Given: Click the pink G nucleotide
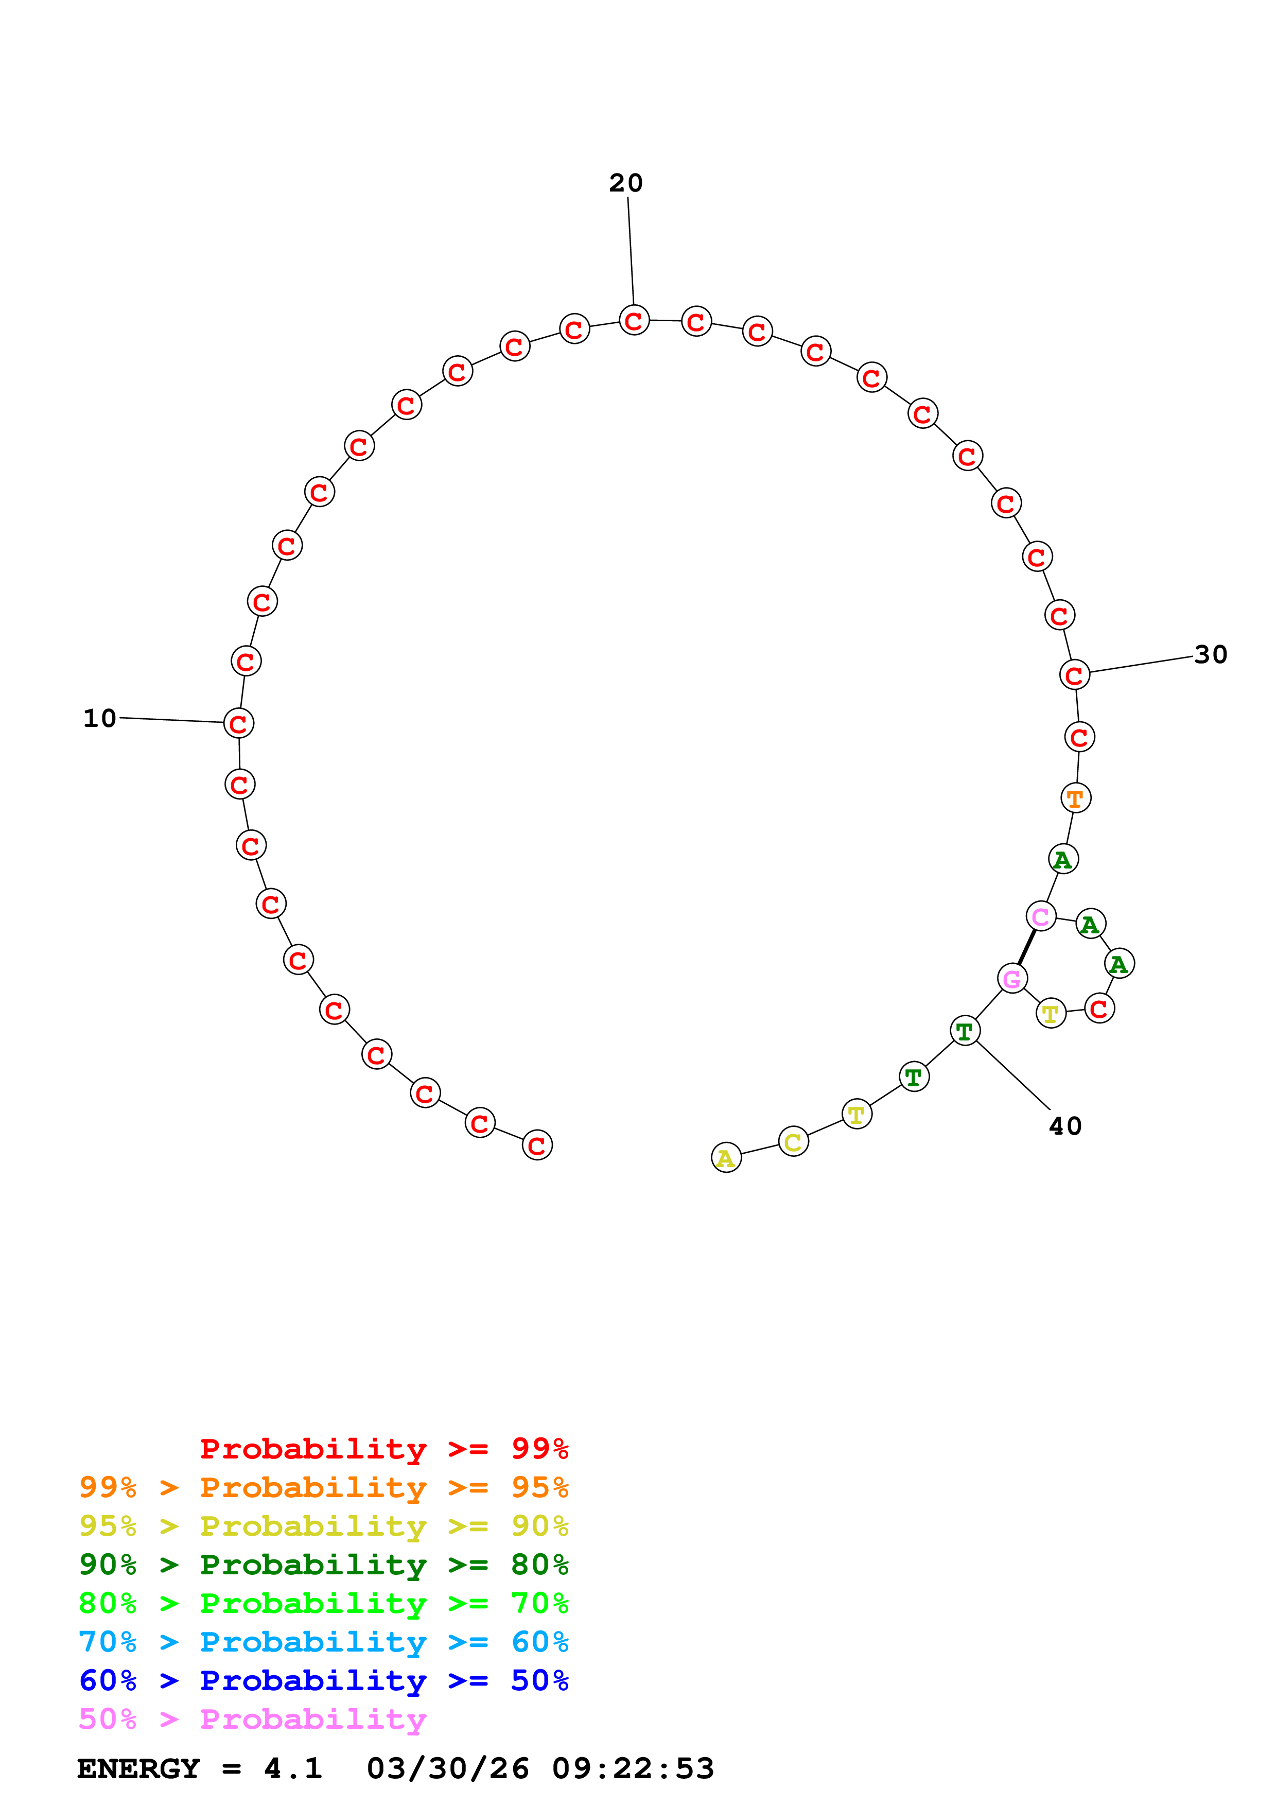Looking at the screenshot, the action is pyautogui.click(x=1012, y=979).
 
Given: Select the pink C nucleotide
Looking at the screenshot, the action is pyautogui.click(x=1041, y=916).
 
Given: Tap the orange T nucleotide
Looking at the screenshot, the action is pyautogui.click(x=1076, y=798).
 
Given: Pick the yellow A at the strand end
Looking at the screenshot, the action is pyautogui.click(x=726, y=1158).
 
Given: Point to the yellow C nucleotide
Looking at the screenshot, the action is pyautogui.click(x=793, y=1141).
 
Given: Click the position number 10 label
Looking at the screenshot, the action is pyautogui.click(x=100, y=718).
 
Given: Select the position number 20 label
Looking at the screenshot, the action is pyautogui.click(x=626, y=183).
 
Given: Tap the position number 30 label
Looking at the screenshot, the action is pyautogui.click(x=1211, y=654).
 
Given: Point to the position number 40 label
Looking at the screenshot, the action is pyautogui.click(x=1065, y=1126).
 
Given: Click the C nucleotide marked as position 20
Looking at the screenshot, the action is pyautogui.click(x=634, y=320).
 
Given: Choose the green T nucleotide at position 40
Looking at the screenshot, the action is pyautogui.click(x=965, y=1031).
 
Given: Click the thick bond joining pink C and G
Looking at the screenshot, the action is pyautogui.click(x=1027, y=947).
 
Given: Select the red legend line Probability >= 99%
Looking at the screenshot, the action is pyautogui.click(x=383, y=1449).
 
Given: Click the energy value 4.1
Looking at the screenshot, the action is pyautogui.click(x=293, y=1768).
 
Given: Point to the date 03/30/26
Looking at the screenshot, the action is pyautogui.click(x=448, y=1768).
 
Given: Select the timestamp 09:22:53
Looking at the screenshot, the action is pyautogui.click(x=633, y=1768).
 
